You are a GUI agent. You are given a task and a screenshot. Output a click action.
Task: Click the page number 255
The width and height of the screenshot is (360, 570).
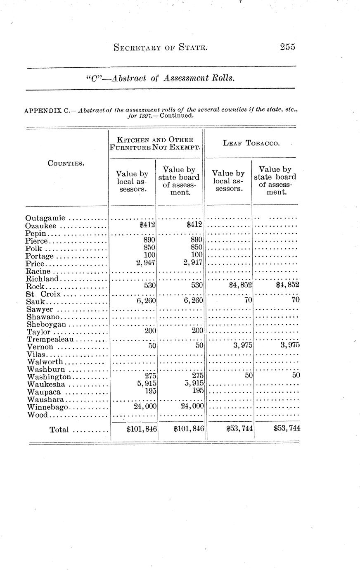pos(287,47)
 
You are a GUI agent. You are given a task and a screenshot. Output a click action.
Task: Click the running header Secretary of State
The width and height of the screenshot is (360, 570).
pos(160,48)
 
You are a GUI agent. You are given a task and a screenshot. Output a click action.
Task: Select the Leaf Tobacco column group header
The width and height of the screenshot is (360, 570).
pos(251,143)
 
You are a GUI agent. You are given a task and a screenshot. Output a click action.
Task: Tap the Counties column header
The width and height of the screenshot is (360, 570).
pos(66,163)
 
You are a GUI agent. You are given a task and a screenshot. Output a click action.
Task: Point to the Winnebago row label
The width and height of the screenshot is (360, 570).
pos(45,407)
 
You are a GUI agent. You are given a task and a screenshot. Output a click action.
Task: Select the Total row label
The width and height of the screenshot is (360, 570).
pos(59,430)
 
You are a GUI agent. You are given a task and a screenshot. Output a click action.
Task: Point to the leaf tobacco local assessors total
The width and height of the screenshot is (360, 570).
pos(239,429)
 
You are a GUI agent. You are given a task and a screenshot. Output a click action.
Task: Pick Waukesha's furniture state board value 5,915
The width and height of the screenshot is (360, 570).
pos(193,383)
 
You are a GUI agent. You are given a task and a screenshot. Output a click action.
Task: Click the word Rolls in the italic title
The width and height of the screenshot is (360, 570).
pos(223,78)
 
